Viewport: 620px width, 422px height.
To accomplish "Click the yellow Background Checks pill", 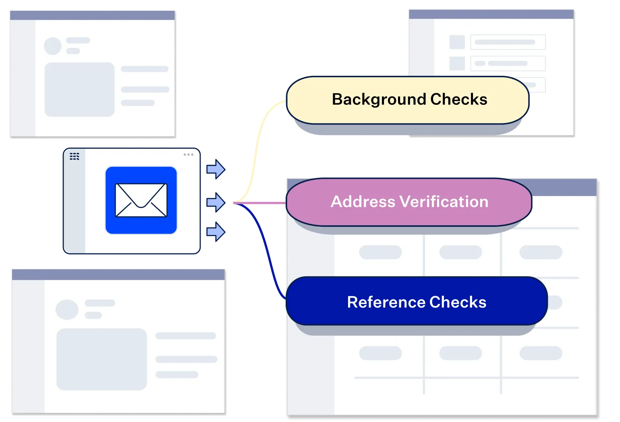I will [408, 100].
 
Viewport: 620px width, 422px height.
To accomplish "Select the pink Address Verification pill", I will [409, 202].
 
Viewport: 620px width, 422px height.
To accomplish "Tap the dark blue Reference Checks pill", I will [417, 301].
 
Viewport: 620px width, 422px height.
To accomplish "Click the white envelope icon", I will [141, 200].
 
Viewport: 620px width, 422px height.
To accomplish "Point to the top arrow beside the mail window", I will [216, 169].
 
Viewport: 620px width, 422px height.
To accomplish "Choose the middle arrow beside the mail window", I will [216, 202].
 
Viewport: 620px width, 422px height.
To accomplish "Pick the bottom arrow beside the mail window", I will [216, 232].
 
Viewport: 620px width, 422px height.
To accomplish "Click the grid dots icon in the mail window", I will [75, 156].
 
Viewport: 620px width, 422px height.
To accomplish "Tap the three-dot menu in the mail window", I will [188, 155].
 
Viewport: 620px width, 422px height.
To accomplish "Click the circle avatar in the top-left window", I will [53, 46].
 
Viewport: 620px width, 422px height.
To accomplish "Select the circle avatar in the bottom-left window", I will [67, 310].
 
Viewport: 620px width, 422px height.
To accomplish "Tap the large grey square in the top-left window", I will [79, 89].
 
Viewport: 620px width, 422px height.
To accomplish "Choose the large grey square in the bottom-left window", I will [102, 359].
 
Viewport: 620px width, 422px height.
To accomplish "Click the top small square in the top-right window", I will [457, 42].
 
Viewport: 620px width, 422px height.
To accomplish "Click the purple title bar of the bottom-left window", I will [118, 275].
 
